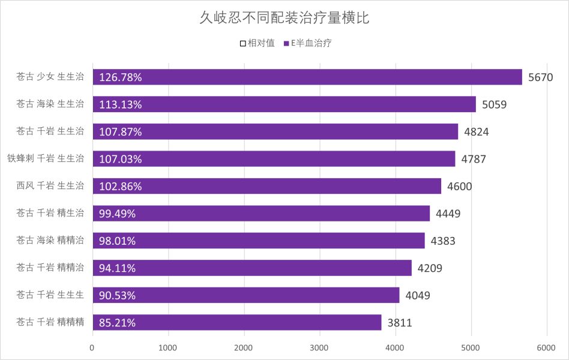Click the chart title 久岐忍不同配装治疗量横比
(x=284, y=18)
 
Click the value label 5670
(x=544, y=77)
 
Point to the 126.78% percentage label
(x=121, y=77)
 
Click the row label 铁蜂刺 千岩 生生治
(x=46, y=158)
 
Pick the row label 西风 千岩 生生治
(x=50, y=185)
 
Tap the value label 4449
(x=448, y=213)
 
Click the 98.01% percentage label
(x=118, y=241)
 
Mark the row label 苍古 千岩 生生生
(x=50, y=295)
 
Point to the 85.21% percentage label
(x=118, y=323)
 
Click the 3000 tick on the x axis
(x=319, y=347)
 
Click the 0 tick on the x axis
(x=92, y=347)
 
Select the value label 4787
(x=474, y=159)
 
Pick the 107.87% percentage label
(x=121, y=132)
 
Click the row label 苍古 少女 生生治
(x=50, y=76)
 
